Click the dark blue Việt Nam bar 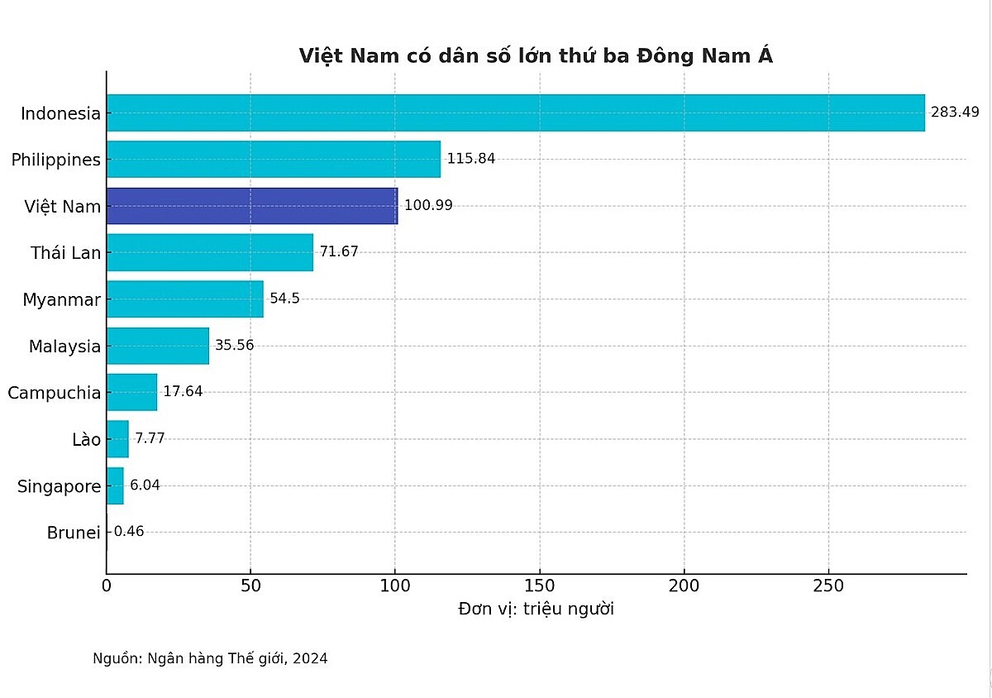pyautogui.click(x=252, y=206)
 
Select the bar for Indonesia pyautogui.click(x=515, y=112)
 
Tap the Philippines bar pyautogui.click(x=274, y=159)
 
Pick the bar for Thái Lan pyautogui.click(x=210, y=252)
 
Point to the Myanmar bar pyautogui.click(x=185, y=299)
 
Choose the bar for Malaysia pyautogui.click(x=158, y=346)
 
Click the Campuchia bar pyautogui.click(x=132, y=392)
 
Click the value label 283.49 pyautogui.click(x=954, y=112)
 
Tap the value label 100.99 pyautogui.click(x=428, y=205)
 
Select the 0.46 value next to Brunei pyautogui.click(x=129, y=532)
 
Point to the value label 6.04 pyautogui.click(x=145, y=485)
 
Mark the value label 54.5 pyautogui.click(x=284, y=299)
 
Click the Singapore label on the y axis pyautogui.click(x=59, y=486)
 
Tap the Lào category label pyautogui.click(x=86, y=439)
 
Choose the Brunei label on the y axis pyautogui.click(x=74, y=533)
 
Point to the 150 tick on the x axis pyautogui.click(x=540, y=586)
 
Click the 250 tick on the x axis pyautogui.click(x=828, y=586)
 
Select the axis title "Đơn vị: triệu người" pyautogui.click(x=536, y=610)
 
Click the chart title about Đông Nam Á pyautogui.click(x=536, y=56)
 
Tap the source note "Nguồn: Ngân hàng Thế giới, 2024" pyautogui.click(x=210, y=659)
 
